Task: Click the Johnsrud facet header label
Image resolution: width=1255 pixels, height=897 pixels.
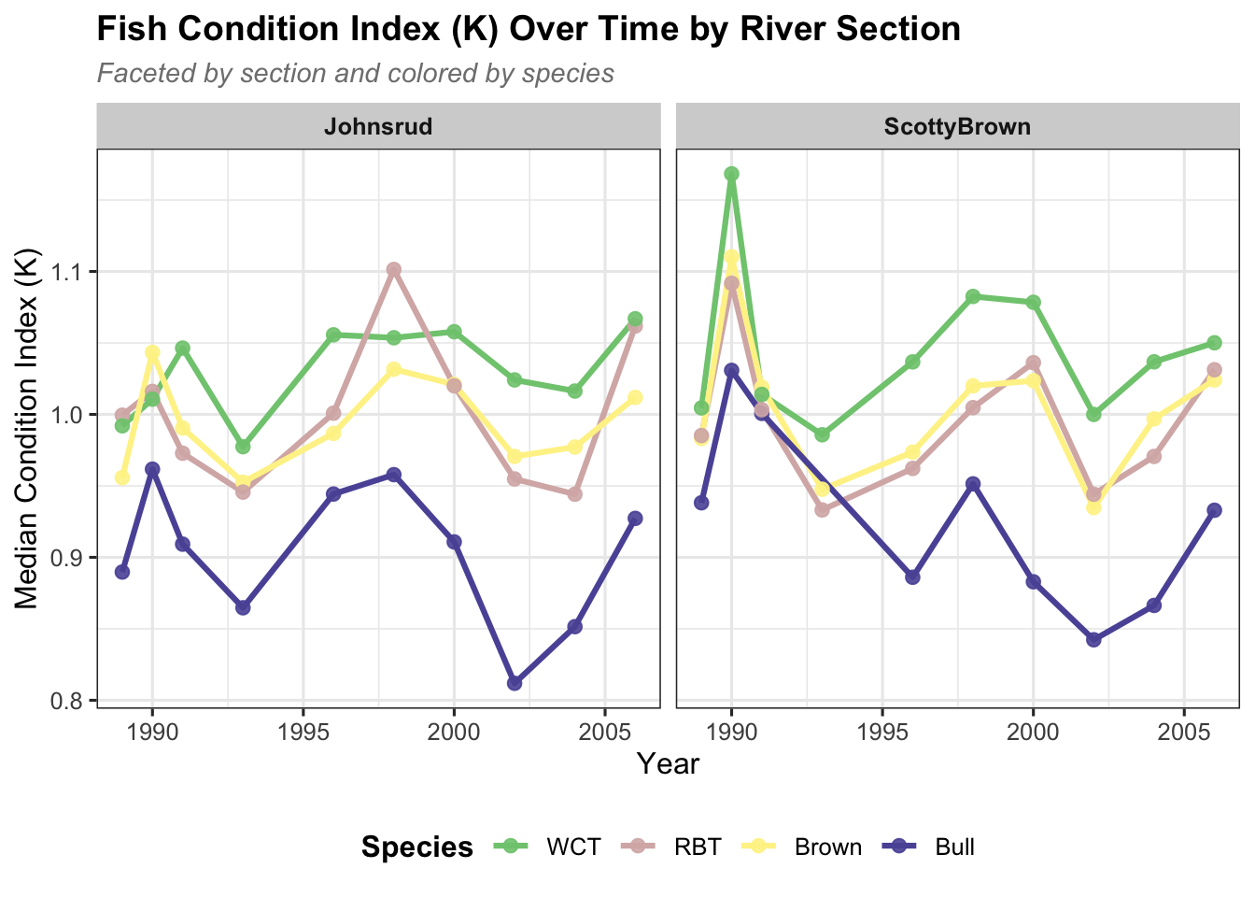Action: point(378,127)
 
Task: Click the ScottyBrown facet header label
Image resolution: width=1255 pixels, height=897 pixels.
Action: point(957,127)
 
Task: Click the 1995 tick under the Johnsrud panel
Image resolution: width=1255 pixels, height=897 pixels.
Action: point(303,731)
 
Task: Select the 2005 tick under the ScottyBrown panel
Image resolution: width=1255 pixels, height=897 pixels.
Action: point(1184,731)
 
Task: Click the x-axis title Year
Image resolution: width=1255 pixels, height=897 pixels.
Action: point(668,764)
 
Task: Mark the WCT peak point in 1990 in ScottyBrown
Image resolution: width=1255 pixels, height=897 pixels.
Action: point(731,174)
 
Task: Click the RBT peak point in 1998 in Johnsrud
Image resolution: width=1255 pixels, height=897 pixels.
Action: point(394,270)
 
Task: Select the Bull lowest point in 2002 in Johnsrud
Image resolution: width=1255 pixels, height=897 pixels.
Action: point(515,683)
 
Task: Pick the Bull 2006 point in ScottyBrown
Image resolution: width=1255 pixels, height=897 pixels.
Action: point(1214,510)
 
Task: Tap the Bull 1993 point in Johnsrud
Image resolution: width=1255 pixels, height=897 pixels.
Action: point(243,607)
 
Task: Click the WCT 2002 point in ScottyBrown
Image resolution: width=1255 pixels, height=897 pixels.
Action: point(1093,414)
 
